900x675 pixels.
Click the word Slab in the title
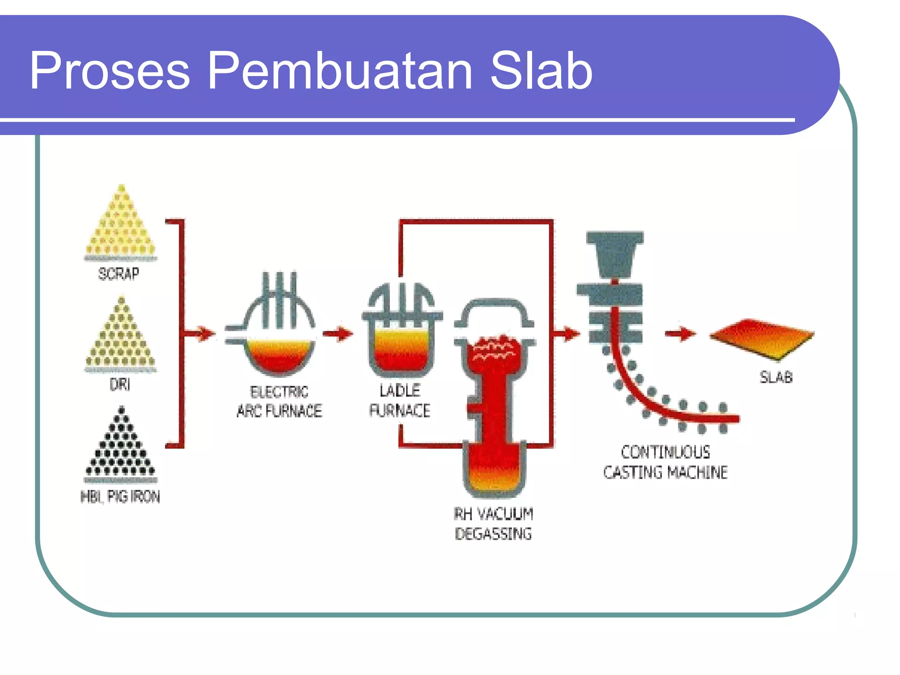(541, 70)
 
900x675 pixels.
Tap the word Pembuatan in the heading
(340, 70)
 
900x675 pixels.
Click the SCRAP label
(119, 274)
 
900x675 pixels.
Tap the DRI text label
(120, 385)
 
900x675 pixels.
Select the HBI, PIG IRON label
(120, 497)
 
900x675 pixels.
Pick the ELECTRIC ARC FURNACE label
(279, 401)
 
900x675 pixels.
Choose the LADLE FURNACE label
(400, 400)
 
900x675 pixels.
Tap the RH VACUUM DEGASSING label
(494, 524)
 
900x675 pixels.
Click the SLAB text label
(776, 377)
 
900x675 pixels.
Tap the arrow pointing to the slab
(680, 334)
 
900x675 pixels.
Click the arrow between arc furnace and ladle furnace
(338, 334)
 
